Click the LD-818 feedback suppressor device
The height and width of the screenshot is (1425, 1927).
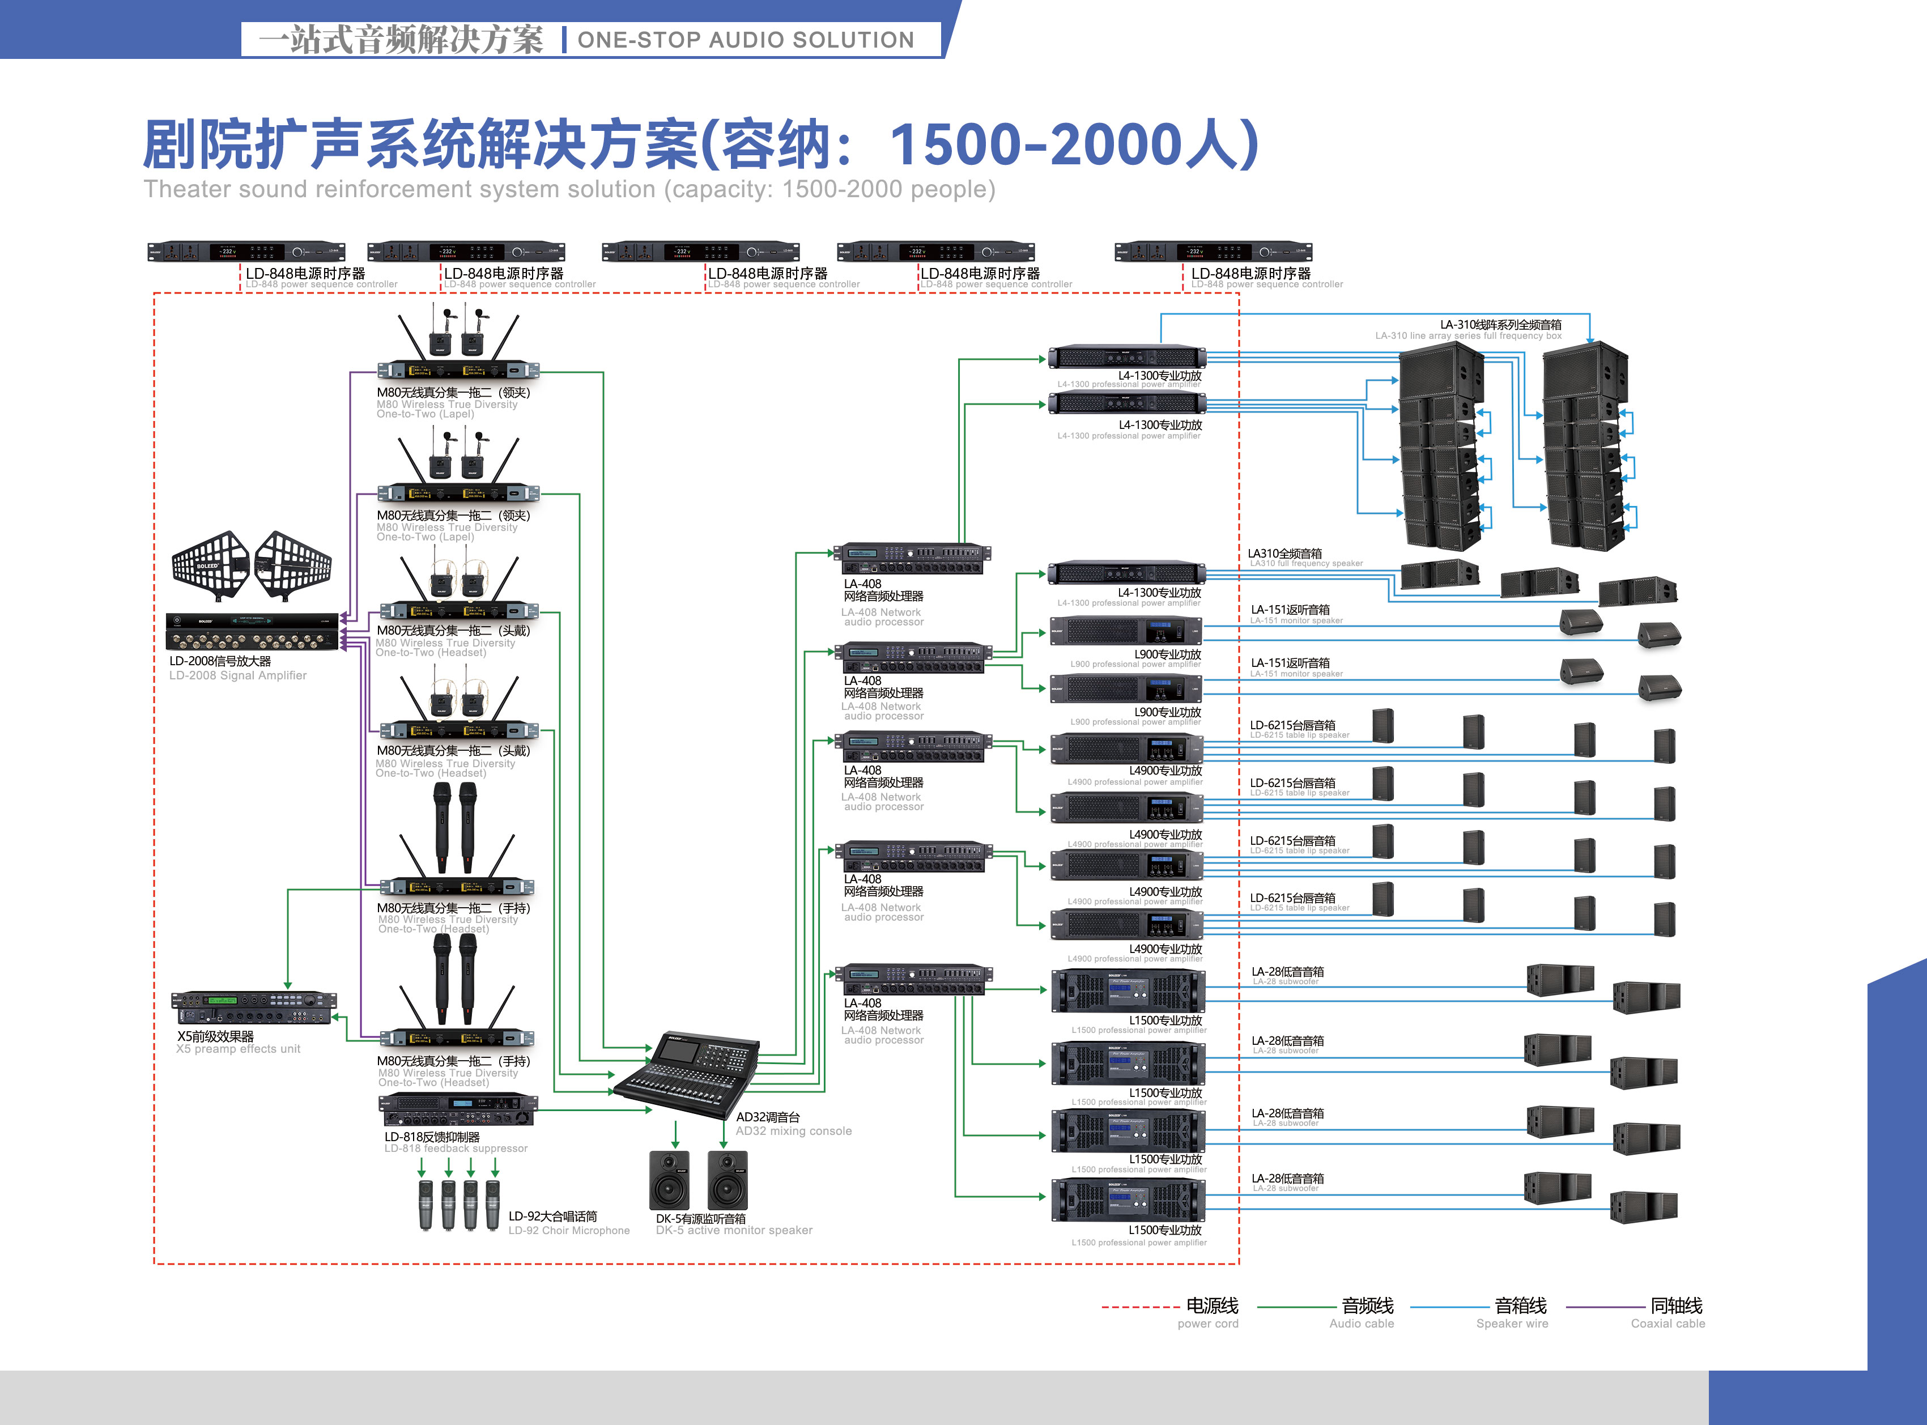click(x=458, y=1109)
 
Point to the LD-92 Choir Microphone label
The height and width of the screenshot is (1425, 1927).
click(x=568, y=1222)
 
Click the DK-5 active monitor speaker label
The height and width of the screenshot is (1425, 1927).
click(x=733, y=1224)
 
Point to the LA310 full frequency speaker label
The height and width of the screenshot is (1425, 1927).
click(x=1304, y=557)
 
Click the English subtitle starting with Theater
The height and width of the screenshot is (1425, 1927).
click(x=569, y=189)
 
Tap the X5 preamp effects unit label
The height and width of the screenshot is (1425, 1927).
click(x=237, y=1042)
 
